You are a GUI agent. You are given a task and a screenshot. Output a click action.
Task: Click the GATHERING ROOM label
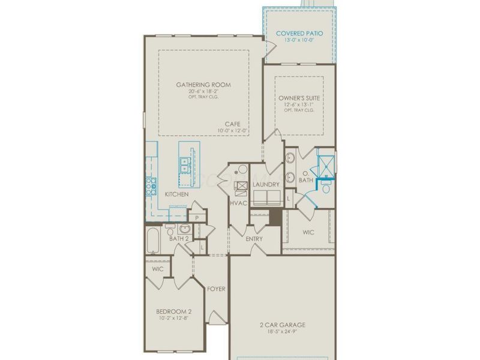[x=203, y=85]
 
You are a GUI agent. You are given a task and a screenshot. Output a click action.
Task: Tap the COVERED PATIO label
[x=298, y=34]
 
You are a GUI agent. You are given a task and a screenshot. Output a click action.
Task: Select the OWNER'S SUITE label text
[x=299, y=97]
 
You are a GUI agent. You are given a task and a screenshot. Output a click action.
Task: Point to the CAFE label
[x=233, y=124]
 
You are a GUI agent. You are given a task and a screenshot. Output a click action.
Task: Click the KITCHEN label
[x=177, y=194]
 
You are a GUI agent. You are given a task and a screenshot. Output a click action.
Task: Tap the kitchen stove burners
[x=150, y=187]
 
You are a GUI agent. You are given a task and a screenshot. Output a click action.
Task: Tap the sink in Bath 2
[x=184, y=229]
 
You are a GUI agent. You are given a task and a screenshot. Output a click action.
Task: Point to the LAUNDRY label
[x=266, y=184]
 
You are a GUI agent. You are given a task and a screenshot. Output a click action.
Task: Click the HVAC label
[x=238, y=203]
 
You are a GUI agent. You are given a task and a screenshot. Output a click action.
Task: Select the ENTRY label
[x=254, y=239]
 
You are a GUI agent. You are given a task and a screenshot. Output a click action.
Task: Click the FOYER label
[x=216, y=289]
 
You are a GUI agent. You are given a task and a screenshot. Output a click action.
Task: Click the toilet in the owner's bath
[x=326, y=188]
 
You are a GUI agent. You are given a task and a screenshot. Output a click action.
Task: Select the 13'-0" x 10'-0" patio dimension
[x=298, y=41]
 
